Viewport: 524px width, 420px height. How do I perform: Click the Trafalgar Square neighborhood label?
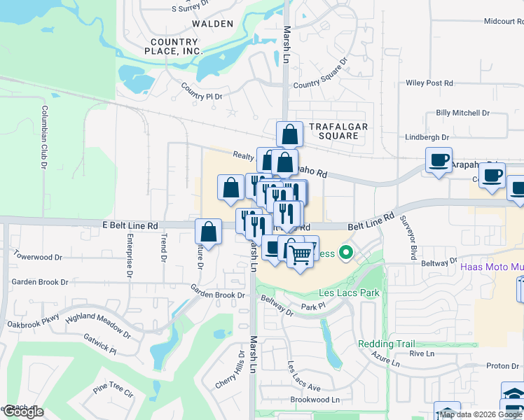338,131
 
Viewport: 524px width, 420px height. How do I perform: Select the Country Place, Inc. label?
174,46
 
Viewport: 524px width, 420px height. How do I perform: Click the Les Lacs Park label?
345,292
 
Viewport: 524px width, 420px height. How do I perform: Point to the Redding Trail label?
386,344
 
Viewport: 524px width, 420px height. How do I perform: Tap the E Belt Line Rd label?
130,225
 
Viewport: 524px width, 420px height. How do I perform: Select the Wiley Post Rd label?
429,83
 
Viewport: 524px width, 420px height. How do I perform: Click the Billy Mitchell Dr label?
462,113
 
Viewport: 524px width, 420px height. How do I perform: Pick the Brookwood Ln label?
315,400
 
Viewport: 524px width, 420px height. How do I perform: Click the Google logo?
23,412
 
